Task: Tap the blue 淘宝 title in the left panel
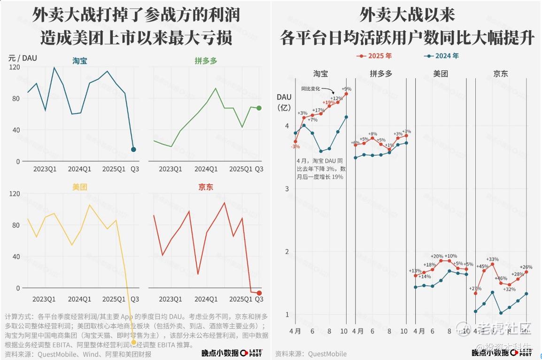80,61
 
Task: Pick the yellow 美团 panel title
80,187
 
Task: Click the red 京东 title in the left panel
205,187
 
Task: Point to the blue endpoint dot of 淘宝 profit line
133,149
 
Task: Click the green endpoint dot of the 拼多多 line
259,108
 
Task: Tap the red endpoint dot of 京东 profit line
259,293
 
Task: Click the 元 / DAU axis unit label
23,58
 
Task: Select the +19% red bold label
329,102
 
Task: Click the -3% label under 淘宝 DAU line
295,147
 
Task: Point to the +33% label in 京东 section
492,259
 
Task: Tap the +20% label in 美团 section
437,256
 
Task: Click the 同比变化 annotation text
310,88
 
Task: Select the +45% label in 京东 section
482,267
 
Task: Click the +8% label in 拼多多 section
372,134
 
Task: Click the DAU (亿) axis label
284,102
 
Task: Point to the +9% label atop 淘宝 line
347,89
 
